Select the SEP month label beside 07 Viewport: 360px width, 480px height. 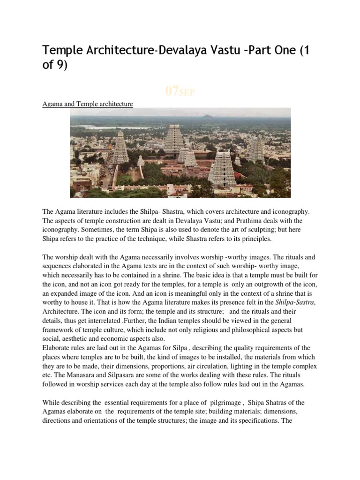186,93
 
